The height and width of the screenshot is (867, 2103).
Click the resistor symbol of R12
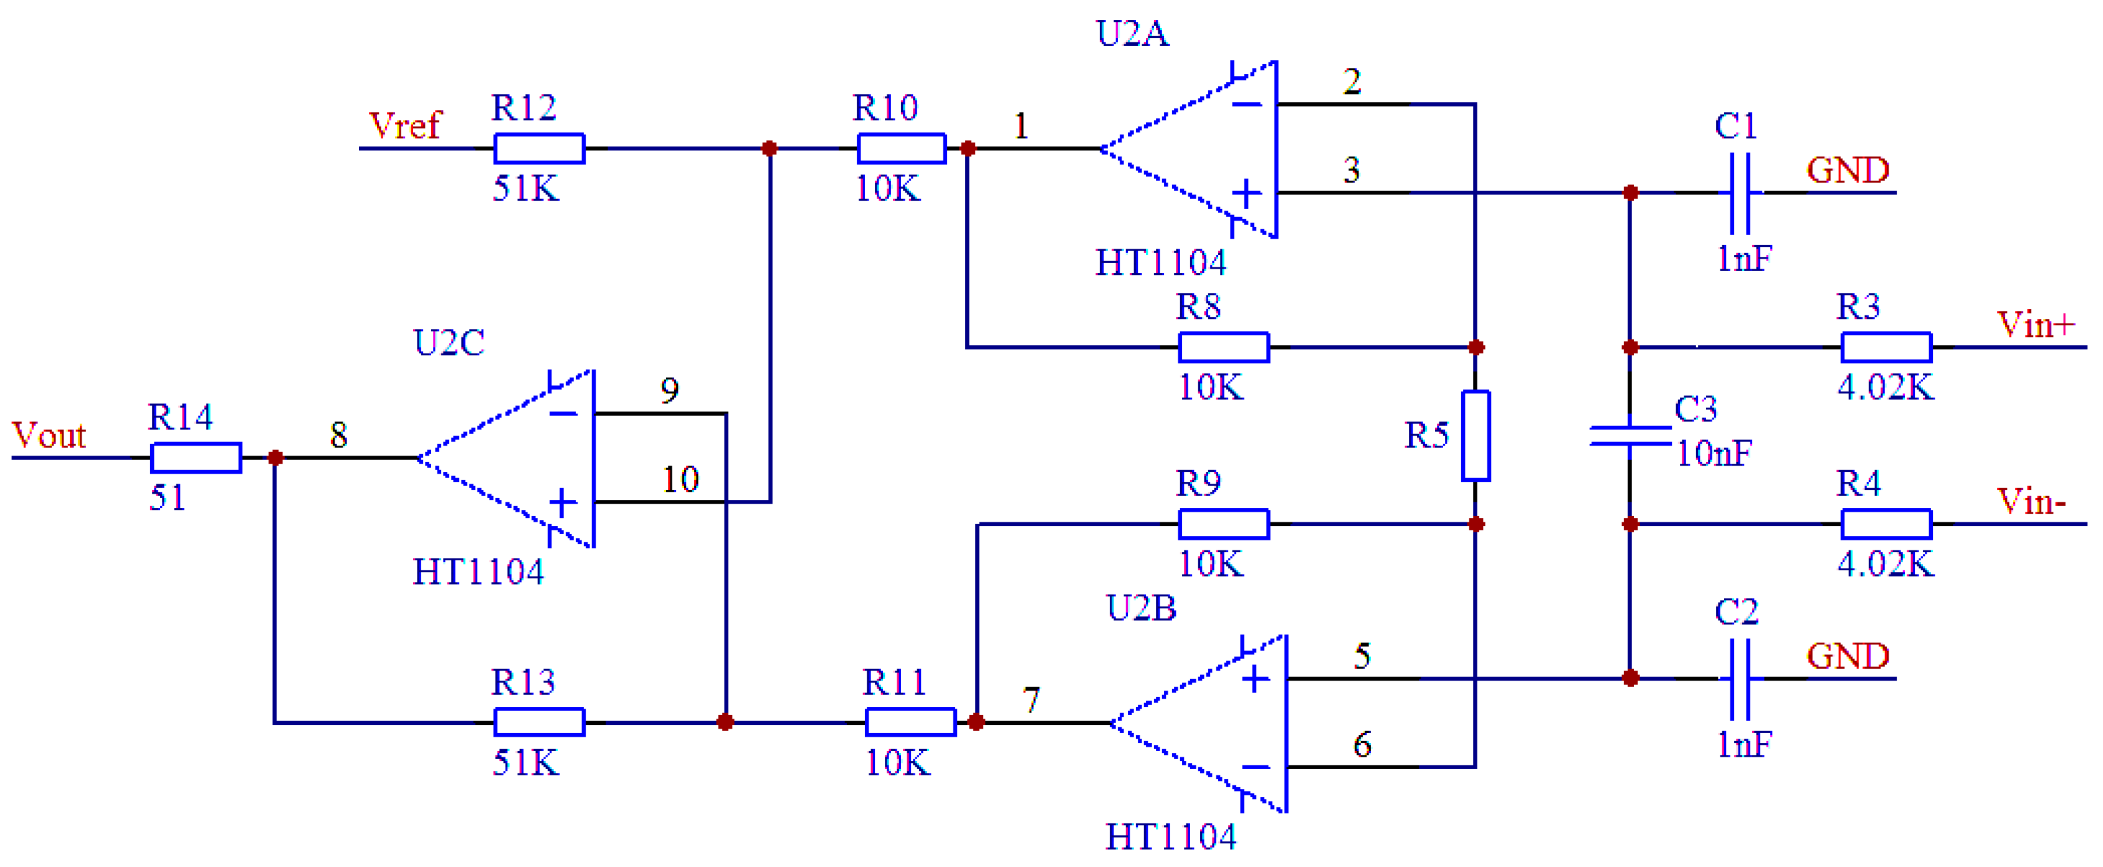point(539,148)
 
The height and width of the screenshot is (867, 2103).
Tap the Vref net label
point(404,126)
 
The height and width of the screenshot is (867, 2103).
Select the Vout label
point(49,436)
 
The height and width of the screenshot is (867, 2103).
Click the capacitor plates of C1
point(1740,193)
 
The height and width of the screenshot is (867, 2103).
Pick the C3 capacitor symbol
point(1629,436)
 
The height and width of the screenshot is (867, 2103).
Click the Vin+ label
point(2035,325)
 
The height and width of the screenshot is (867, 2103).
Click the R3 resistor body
point(1886,347)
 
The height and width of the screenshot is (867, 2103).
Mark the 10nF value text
point(1714,454)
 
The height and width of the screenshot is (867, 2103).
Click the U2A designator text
point(1132,34)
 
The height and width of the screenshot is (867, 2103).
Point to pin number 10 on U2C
point(680,480)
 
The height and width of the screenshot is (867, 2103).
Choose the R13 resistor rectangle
point(539,722)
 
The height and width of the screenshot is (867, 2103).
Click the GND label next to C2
point(1848,656)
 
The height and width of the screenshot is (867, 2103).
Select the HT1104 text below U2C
point(479,572)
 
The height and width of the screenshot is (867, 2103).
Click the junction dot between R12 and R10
point(769,148)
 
